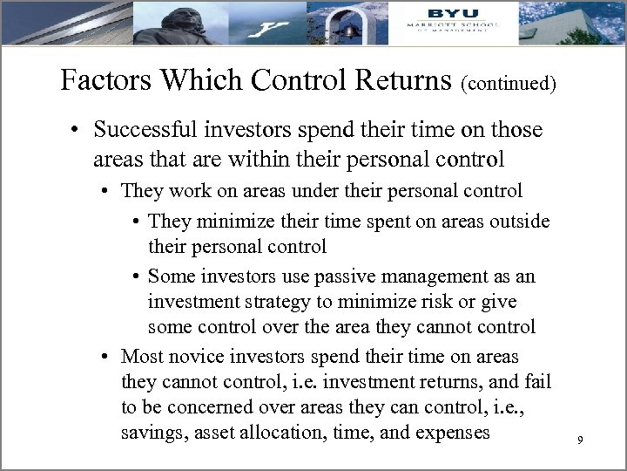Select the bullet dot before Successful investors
pos(78,131)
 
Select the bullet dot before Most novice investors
pos(105,356)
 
